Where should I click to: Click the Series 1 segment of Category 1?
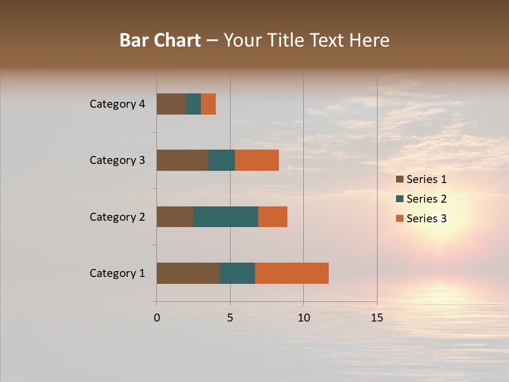tap(188, 273)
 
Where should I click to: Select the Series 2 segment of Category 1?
tap(238, 273)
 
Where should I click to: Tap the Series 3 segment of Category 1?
tap(292, 273)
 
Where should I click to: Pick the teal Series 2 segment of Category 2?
tap(226, 216)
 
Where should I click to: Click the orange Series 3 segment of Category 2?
tap(273, 216)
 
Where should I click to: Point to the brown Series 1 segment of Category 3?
tap(182, 160)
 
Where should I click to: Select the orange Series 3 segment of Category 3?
tap(257, 160)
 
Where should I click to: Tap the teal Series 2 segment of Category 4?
tap(194, 104)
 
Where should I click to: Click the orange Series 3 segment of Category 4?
tap(208, 104)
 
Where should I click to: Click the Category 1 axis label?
tap(117, 273)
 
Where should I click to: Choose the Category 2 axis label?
tap(117, 217)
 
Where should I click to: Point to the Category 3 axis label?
tap(117, 160)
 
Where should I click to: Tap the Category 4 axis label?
tap(117, 104)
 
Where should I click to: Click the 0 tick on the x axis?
tap(157, 318)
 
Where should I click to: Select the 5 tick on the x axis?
tap(230, 318)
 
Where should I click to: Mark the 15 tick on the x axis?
tap(377, 318)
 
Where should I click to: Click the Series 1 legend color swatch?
tap(399, 179)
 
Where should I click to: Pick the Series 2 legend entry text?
tap(426, 199)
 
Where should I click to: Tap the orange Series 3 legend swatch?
tap(399, 219)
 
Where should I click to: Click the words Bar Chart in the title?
tap(160, 40)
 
